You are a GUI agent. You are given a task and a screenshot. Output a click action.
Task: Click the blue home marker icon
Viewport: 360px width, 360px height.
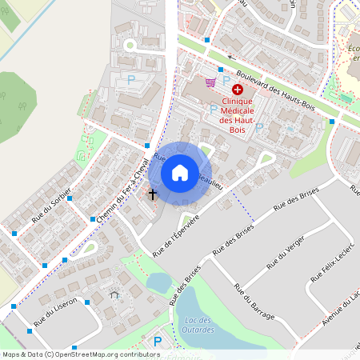click(x=180, y=173)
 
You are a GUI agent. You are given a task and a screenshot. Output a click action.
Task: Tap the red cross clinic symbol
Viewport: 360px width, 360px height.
click(x=238, y=91)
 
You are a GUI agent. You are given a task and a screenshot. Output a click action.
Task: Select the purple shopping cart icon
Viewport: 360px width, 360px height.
click(x=210, y=82)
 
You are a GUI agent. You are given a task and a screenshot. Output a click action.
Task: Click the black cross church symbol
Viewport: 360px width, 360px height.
click(x=152, y=194)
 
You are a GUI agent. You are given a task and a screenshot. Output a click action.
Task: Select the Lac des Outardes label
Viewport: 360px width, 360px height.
click(x=193, y=325)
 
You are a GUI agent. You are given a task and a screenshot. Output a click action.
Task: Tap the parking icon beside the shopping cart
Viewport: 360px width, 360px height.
click(x=226, y=80)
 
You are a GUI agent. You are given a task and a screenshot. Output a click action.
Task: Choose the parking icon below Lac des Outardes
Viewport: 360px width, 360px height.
click(x=157, y=342)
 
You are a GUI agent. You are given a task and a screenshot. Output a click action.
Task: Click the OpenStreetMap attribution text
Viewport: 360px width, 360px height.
click(x=80, y=354)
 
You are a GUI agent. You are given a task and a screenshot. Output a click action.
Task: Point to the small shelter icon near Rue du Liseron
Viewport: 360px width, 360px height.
click(x=114, y=294)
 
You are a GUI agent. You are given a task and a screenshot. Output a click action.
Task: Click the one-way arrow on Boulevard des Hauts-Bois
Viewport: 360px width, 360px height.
click(x=231, y=58)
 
